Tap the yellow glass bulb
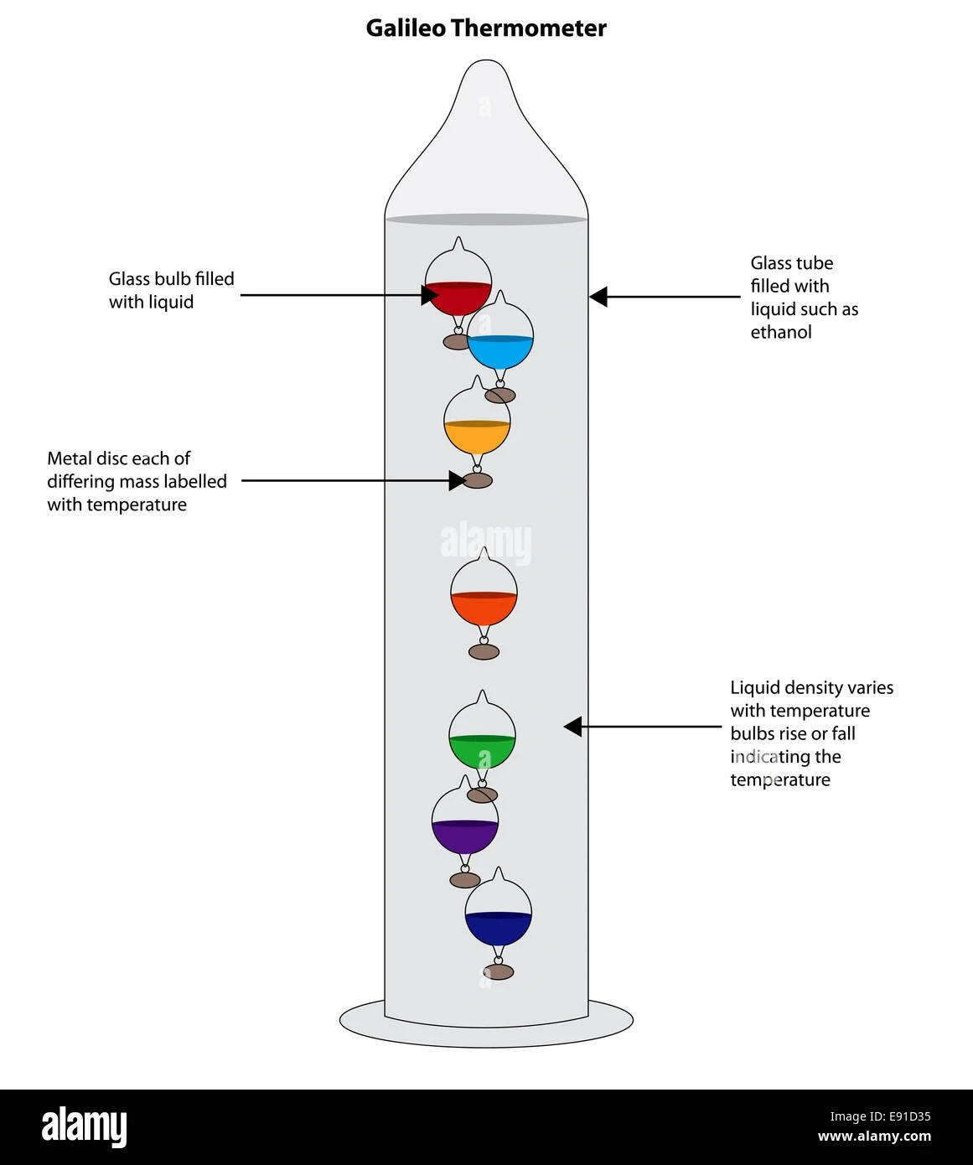(x=477, y=424)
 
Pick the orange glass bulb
(x=484, y=596)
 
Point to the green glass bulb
(x=482, y=738)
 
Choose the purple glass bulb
(x=465, y=824)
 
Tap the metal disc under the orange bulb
(x=484, y=651)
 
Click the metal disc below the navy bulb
(x=499, y=972)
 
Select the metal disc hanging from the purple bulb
(x=465, y=880)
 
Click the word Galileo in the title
(x=406, y=28)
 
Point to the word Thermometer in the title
(x=529, y=28)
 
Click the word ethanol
(x=781, y=333)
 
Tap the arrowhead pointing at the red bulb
(x=431, y=295)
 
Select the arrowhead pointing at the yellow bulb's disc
(x=457, y=480)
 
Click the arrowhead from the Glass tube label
(x=598, y=296)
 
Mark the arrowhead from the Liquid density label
(x=572, y=727)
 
